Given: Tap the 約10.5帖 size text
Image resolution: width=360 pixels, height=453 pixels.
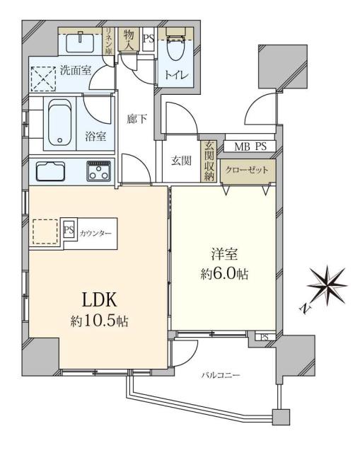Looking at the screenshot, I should coord(99,321).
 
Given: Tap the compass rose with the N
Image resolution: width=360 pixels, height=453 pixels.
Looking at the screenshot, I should coord(326,285).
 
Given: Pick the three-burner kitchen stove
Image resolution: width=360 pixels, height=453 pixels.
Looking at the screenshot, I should coord(98,171).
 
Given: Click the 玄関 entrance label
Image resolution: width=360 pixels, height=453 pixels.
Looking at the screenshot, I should coord(181,160).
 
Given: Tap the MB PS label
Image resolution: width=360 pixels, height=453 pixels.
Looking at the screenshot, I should coord(250,147).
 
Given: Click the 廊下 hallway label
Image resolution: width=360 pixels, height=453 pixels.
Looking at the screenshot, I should coord(137,119).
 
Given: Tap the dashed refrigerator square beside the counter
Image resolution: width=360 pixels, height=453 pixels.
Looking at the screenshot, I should coord(46,231).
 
